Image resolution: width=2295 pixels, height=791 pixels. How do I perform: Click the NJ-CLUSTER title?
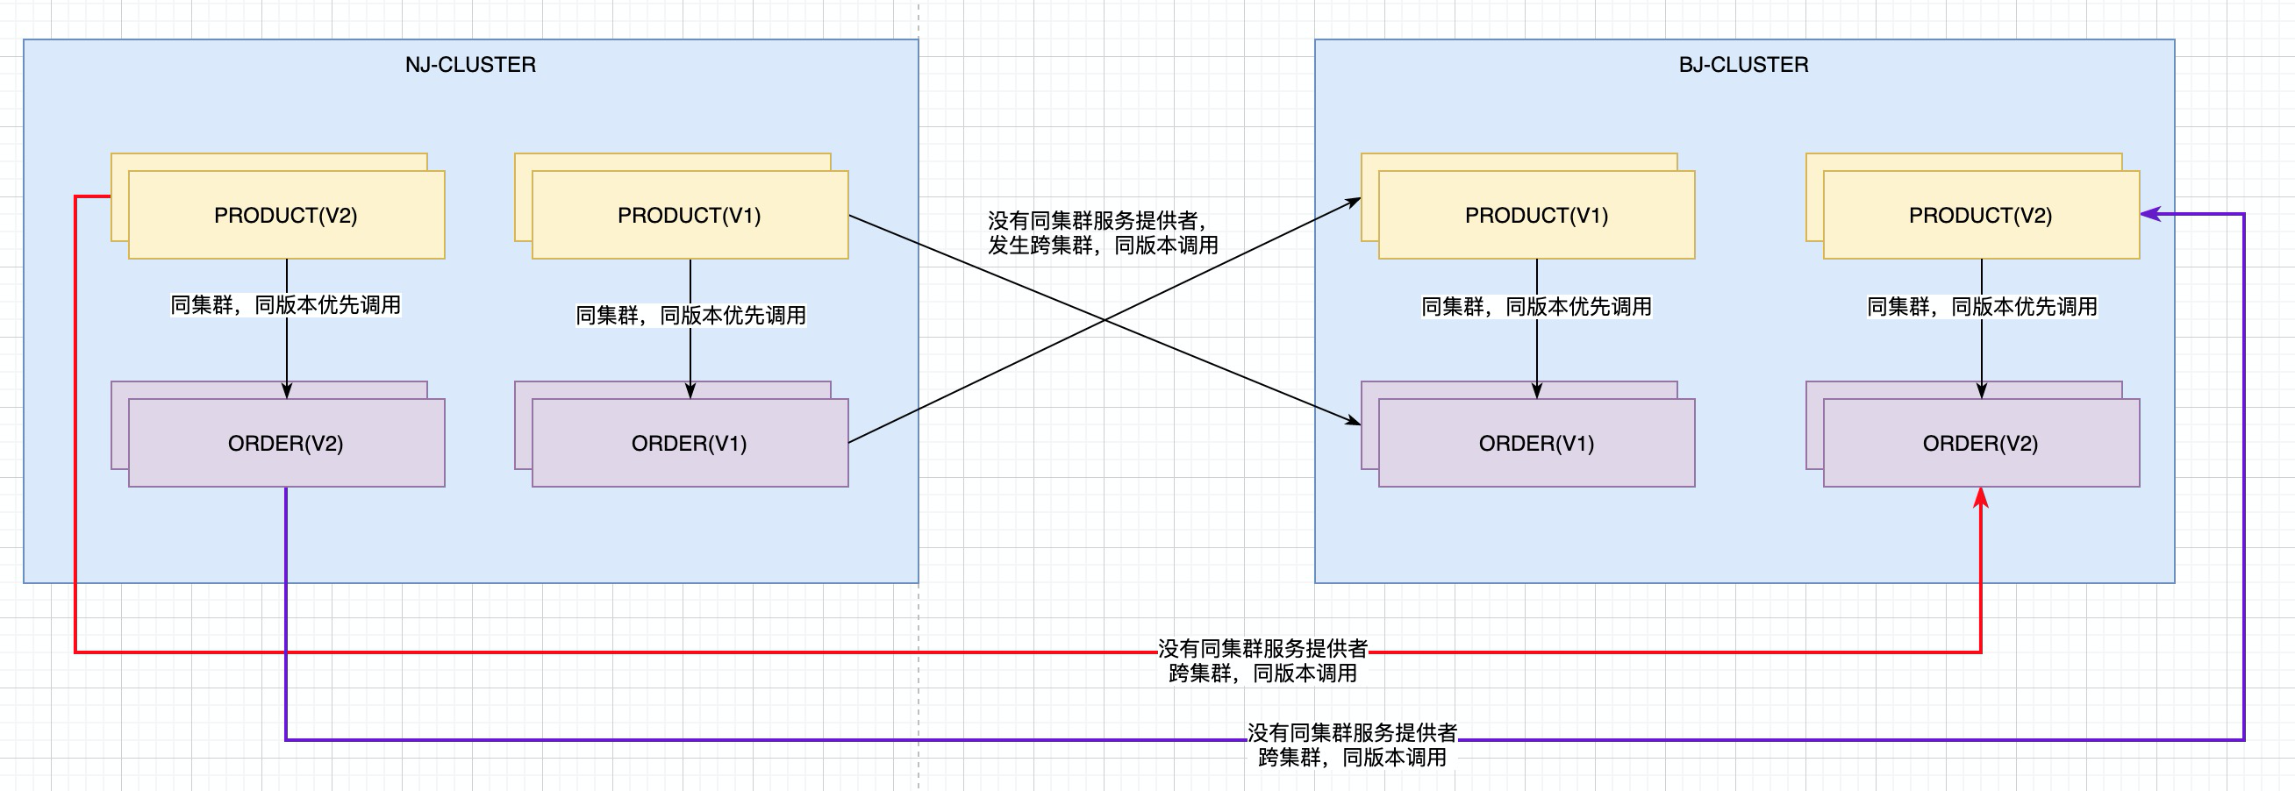pos(470,65)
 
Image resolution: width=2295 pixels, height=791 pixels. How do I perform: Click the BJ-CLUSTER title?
pos(1743,65)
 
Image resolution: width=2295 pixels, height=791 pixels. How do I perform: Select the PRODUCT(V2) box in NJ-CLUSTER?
pos(286,216)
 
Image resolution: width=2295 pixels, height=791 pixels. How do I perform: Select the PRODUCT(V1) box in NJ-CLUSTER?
pos(690,216)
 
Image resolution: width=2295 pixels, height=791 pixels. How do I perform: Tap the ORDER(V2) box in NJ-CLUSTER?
pos(286,444)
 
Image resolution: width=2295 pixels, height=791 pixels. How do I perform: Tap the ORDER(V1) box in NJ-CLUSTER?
pos(690,444)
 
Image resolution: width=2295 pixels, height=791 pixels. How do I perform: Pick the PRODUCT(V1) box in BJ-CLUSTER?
pos(1536,216)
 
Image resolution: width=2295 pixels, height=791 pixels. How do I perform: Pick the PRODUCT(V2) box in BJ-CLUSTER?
pos(1981,216)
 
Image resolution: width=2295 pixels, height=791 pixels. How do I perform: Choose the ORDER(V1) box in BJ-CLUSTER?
pos(1536,444)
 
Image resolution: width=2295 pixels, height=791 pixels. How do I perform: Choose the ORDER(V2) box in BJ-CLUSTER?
pos(1981,444)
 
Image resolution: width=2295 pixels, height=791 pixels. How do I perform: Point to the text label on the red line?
pos(1262,661)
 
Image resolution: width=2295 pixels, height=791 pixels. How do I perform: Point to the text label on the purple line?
pos(1352,745)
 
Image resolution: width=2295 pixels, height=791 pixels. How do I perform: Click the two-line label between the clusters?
pos(1102,233)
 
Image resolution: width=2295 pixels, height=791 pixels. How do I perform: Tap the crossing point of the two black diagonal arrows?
pos(1105,320)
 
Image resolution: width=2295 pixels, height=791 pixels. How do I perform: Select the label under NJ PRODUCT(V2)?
pos(286,305)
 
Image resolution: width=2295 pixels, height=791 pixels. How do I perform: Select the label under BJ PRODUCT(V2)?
pos(1982,307)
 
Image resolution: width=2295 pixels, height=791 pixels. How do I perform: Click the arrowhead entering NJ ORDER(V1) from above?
pos(690,390)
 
